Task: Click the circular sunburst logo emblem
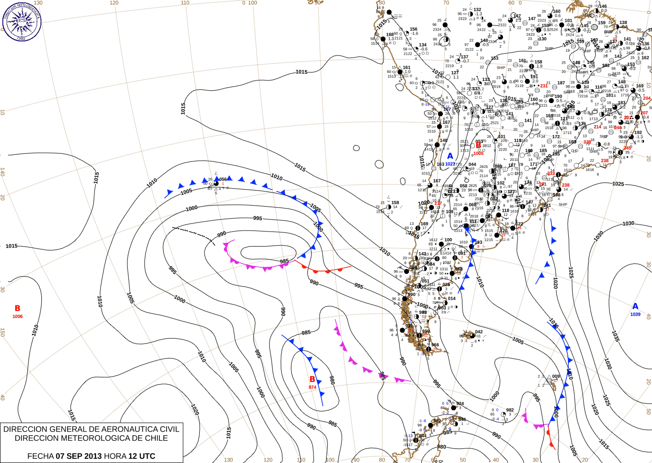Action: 22,21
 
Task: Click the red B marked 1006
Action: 17,309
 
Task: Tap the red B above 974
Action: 312,379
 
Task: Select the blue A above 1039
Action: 635,306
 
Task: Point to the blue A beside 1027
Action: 450,156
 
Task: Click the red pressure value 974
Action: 313,387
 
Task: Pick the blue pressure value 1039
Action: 635,314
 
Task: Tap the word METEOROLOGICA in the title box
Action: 104,438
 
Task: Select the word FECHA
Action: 40,456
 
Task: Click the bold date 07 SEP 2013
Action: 79,456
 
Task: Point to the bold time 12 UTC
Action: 141,456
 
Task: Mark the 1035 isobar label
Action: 615,336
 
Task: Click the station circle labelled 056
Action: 216,183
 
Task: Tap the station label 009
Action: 556,376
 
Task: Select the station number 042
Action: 479,332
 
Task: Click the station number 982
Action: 510,410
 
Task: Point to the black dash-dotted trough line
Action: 193,233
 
